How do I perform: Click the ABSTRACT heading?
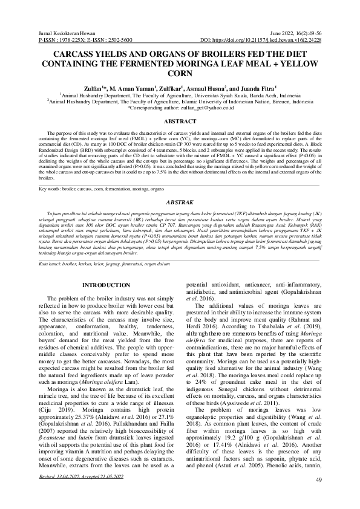pos(180,121)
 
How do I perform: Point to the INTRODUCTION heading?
pos(106,285)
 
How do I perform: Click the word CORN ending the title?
pos(180,74)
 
